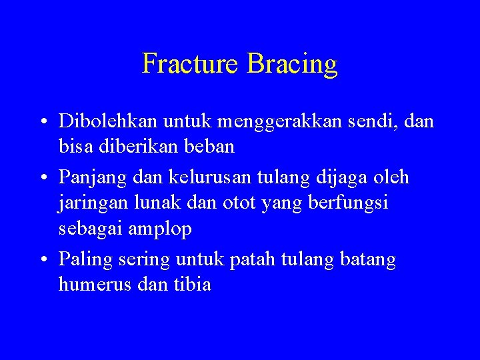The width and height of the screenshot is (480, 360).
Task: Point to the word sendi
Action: (367, 121)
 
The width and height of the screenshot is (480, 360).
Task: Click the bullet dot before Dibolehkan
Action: (42, 122)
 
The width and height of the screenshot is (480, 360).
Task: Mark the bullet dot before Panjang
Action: (42, 179)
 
